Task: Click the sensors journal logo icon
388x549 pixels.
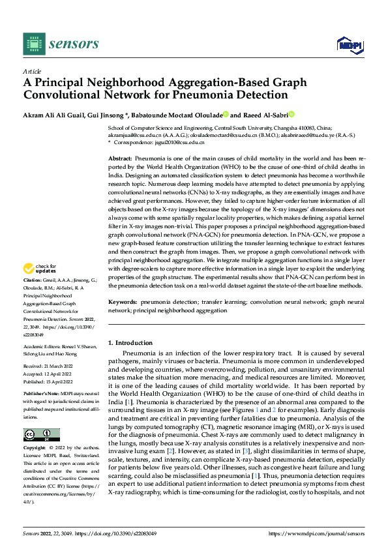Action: coord(33,44)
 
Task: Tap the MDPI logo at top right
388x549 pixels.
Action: coord(349,44)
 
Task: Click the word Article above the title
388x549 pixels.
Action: coord(32,71)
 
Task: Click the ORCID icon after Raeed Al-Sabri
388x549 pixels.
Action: coord(291,114)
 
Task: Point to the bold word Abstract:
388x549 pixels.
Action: coord(120,158)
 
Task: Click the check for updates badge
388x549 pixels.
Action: coord(40,269)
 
